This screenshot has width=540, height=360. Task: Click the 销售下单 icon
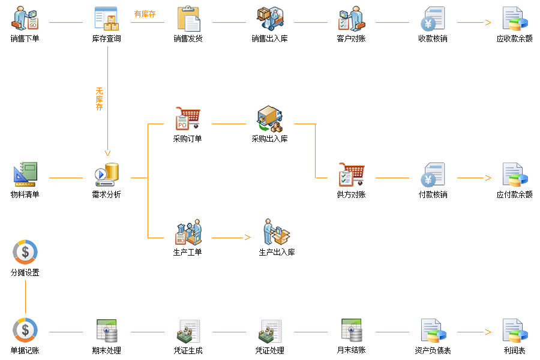(25, 18)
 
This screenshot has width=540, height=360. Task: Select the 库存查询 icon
(107, 18)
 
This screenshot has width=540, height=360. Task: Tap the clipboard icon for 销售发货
(188, 18)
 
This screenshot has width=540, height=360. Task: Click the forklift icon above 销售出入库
(270, 18)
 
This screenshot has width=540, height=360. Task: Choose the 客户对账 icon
(351, 18)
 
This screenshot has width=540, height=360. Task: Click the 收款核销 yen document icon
(433, 18)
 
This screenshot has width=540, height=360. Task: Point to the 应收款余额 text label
(514, 39)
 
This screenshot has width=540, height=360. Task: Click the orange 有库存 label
(145, 14)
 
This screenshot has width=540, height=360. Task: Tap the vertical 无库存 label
(100, 99)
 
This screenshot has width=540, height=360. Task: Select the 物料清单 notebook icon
(25, 173)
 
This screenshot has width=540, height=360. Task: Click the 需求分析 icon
(107, 173)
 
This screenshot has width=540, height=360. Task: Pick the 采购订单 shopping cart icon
(188, 118)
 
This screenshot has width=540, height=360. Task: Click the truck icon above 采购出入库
(270, 119)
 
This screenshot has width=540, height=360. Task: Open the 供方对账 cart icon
(351, 174)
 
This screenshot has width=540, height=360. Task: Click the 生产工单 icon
(188, 232)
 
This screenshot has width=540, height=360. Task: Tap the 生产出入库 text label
(277, 253)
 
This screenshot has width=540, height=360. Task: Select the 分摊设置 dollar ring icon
(25, 252)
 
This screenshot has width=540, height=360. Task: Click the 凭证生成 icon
(188, 331)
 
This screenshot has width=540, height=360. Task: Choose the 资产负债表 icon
(433, 331)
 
